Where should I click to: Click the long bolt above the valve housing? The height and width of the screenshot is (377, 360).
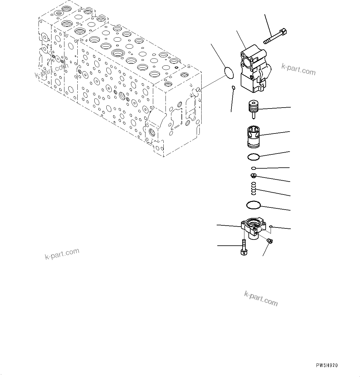coord(275,36)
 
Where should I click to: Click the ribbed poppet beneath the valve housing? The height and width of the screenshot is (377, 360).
coord(253,108)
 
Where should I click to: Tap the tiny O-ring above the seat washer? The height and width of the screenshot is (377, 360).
coord(253,168)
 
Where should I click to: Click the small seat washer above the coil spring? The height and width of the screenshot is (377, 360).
coord(253,176)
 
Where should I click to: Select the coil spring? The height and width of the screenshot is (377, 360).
coord(253,188)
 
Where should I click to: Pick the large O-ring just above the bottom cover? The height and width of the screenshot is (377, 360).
coord(254,204)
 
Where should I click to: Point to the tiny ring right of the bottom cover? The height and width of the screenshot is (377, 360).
coord(270,227)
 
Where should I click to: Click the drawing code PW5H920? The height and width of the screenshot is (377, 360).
coord(327,366)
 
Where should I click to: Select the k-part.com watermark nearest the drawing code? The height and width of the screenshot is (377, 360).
coord(261,298)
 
